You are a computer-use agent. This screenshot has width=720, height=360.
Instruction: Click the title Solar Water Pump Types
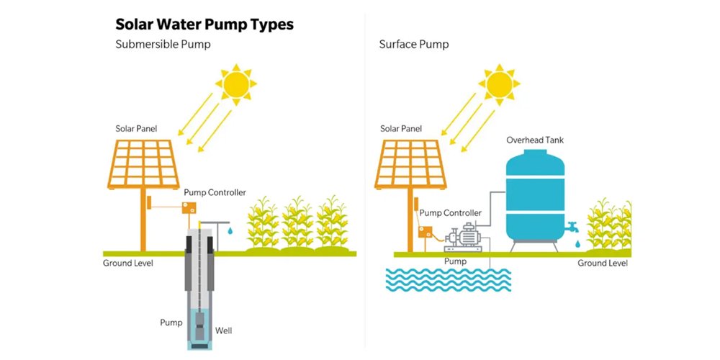(204, 24)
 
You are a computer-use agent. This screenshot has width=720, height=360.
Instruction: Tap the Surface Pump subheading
(414, 45)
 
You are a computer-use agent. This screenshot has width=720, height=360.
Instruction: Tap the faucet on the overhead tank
(573, 226)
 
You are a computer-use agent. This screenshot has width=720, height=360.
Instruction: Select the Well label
(224, 331)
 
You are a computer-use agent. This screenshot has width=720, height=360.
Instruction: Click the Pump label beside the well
(171, 323)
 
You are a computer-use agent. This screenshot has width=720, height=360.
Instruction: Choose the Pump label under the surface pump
(455, 261)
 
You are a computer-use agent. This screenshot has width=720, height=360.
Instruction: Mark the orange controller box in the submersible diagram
(189, 208)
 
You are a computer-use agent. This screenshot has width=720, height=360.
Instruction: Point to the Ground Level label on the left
(128, 263)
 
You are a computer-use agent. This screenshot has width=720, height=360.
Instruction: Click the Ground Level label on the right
(603, 263)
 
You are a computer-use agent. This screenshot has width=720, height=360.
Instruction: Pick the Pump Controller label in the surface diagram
(450, 213)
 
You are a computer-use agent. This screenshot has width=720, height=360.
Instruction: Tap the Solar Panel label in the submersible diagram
(136, 129)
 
